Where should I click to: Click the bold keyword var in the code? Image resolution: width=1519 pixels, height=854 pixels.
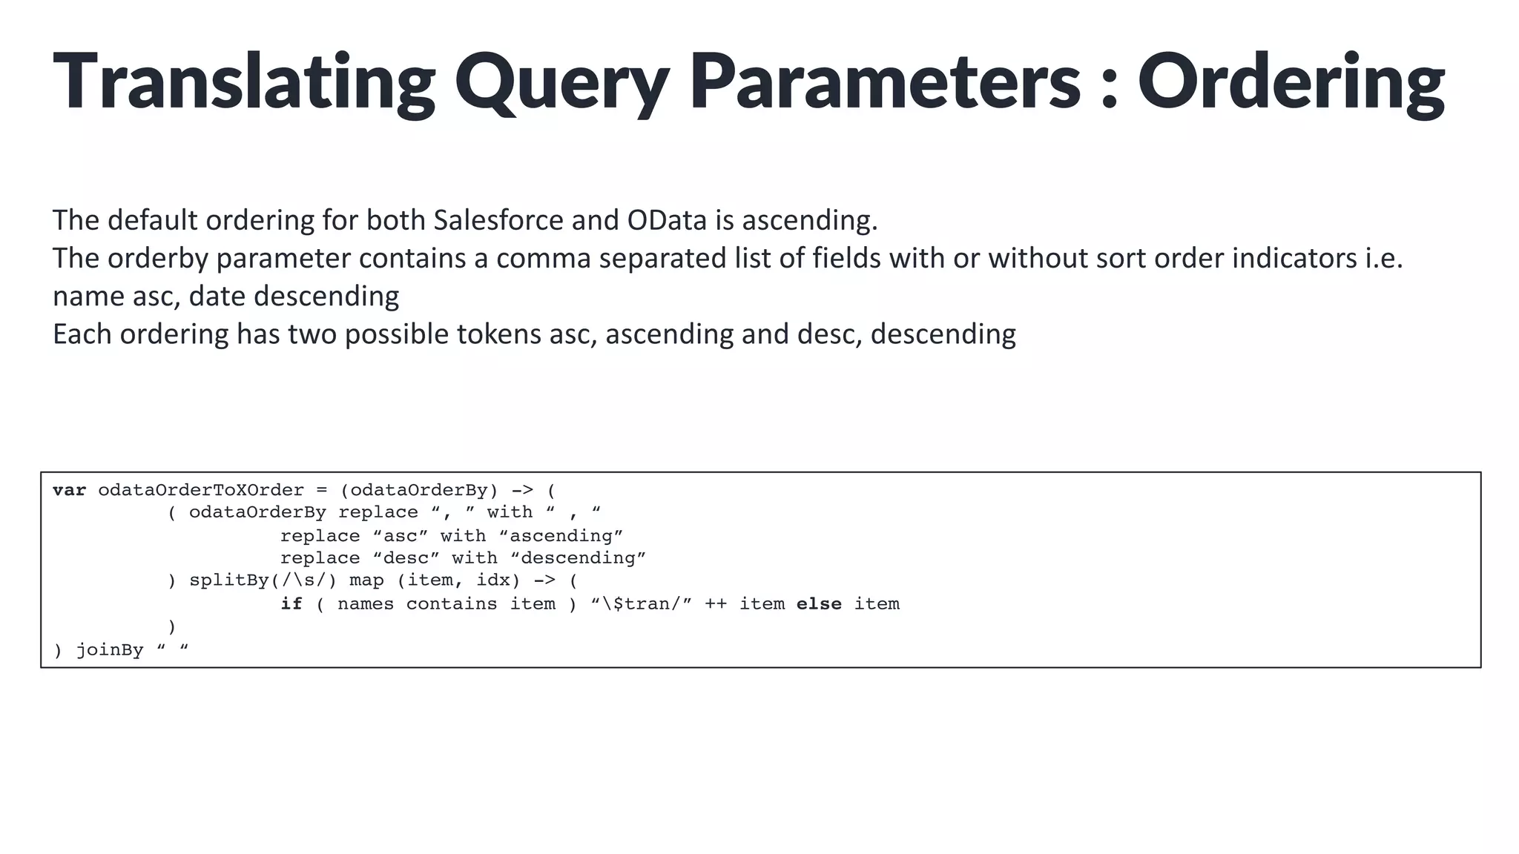(x=69, y=490)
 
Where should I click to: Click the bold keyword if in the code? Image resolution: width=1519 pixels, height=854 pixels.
(x=291, y=604)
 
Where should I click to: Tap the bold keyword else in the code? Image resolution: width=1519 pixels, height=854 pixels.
(x=819, y=604)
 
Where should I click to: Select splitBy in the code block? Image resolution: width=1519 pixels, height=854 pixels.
(x=228, y=580)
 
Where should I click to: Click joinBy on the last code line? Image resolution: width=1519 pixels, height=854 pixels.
(x=110, y=650)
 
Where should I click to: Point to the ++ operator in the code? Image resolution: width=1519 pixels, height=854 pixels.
(x=715, y=604)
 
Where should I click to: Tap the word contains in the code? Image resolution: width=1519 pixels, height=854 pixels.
(x=451, y=604)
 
